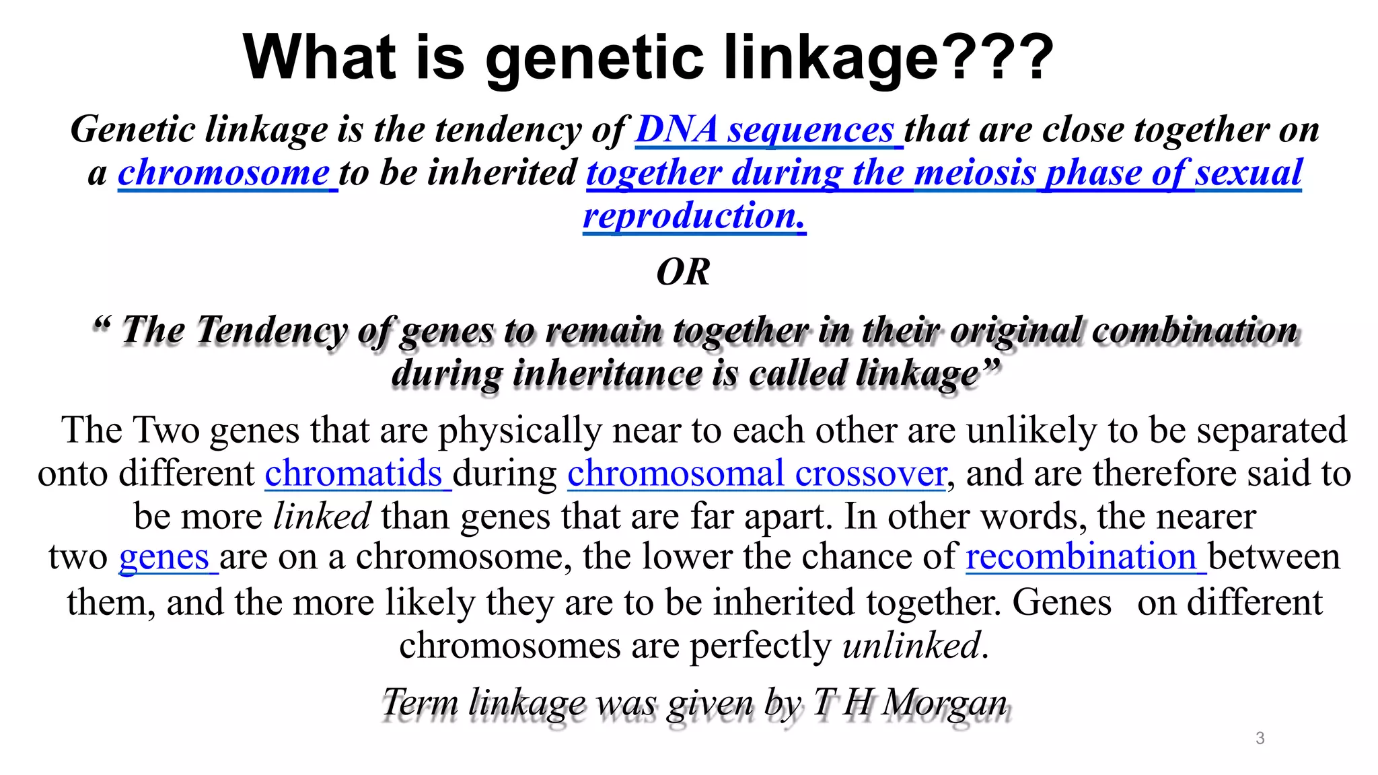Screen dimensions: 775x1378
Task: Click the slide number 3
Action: coord(1260,738)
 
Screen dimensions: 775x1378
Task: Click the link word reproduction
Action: coord(693,216)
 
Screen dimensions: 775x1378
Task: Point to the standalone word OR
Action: coord(683,272)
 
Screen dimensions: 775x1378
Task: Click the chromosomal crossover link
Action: coord(756,473)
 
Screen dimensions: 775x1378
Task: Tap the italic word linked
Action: coord(322,516)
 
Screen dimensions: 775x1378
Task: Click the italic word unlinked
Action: coord(911,645)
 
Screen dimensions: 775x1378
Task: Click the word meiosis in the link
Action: coord(974,172)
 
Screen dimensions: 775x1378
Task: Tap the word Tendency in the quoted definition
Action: coord(271,330)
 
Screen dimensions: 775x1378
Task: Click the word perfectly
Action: coord(760,645)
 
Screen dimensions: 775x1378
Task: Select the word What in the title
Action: coord(319,58)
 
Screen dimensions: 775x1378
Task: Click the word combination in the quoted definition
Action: coord(1194,330)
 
